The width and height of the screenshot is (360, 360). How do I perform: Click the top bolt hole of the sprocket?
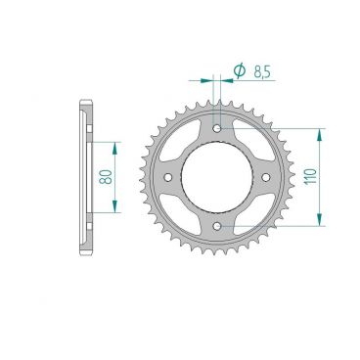(217, 127)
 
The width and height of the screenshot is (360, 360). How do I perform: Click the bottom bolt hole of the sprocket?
(217, 226)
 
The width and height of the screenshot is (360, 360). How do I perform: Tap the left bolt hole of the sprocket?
(167, 177)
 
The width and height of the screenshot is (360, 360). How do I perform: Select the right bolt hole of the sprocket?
(266, 177)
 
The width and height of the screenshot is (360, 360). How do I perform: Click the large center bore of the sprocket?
(217, 177)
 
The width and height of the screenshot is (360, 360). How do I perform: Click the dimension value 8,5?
(261, 70)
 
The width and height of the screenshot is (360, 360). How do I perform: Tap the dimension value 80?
(104, 177)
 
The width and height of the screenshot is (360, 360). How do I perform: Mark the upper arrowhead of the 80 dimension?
(115, 145)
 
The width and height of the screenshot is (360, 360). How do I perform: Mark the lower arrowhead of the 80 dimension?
(115, 208)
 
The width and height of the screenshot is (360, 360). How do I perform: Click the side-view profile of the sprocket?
(85, 177)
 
